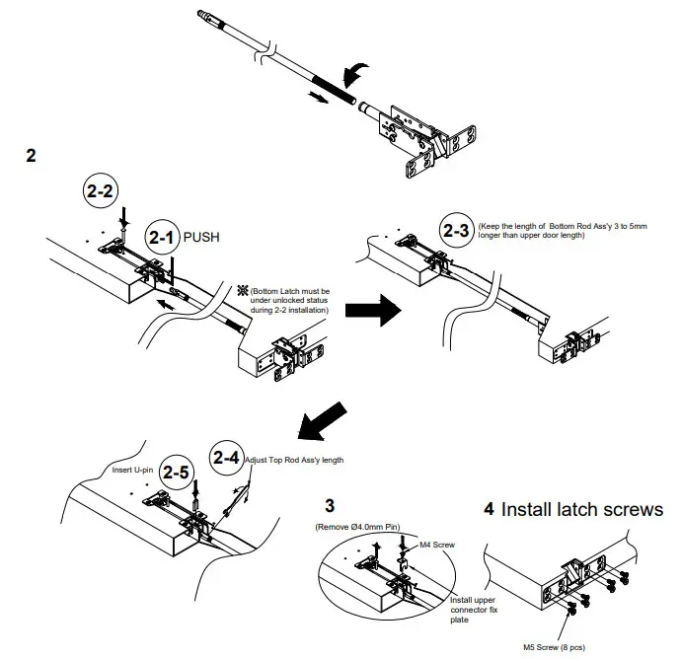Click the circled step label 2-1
(x=162, y=238)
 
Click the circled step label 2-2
(x=100, y=191)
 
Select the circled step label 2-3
(x=456, y=230)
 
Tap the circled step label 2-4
(x=226, y=458)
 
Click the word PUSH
(x=201, y=238)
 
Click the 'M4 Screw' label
(x=437, y=545)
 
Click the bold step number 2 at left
(x=31, y=158)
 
